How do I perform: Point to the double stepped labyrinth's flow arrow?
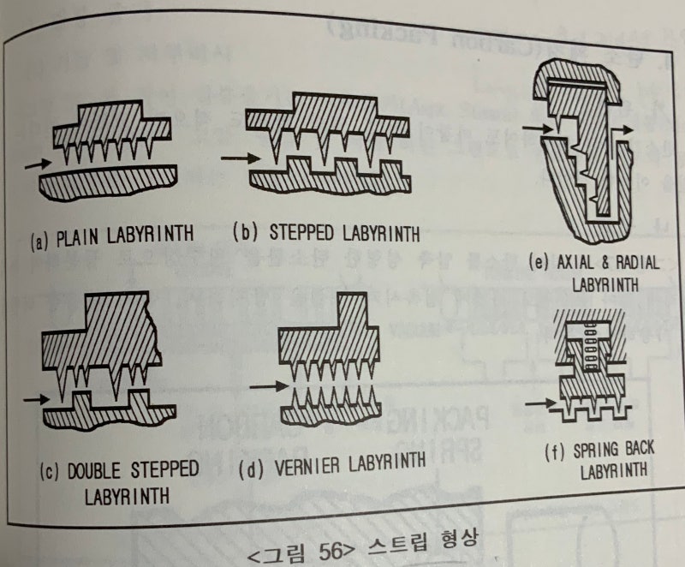click(35, 398)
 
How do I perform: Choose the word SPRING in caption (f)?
click(588, 451)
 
